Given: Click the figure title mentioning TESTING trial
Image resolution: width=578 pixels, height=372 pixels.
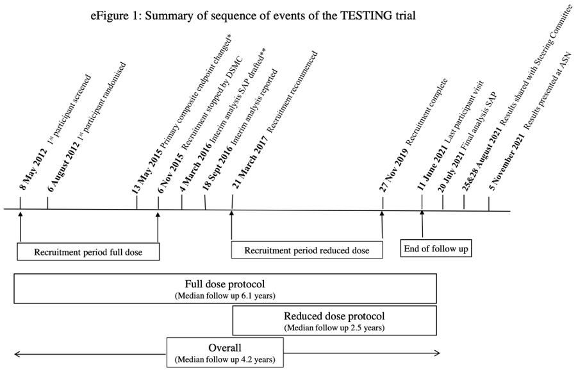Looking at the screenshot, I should [x=253, y=15].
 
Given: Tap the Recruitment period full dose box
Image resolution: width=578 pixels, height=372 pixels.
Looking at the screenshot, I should [x=88, y=252].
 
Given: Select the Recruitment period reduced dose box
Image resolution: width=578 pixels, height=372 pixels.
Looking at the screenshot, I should [x=307, y=250].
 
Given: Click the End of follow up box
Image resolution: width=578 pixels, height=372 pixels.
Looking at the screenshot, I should [x=436, y=248].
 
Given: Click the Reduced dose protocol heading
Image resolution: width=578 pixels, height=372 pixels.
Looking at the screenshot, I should [x=334, y=316].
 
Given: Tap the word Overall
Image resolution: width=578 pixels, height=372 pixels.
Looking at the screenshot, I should [x=224, y=348].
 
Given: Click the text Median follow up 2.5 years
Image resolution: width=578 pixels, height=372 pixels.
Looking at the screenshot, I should [x=334, y=328].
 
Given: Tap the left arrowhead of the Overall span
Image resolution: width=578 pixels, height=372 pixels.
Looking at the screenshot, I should [x=16, y=353].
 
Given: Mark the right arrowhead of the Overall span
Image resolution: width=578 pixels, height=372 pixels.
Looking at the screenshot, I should [x=438, y=353].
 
